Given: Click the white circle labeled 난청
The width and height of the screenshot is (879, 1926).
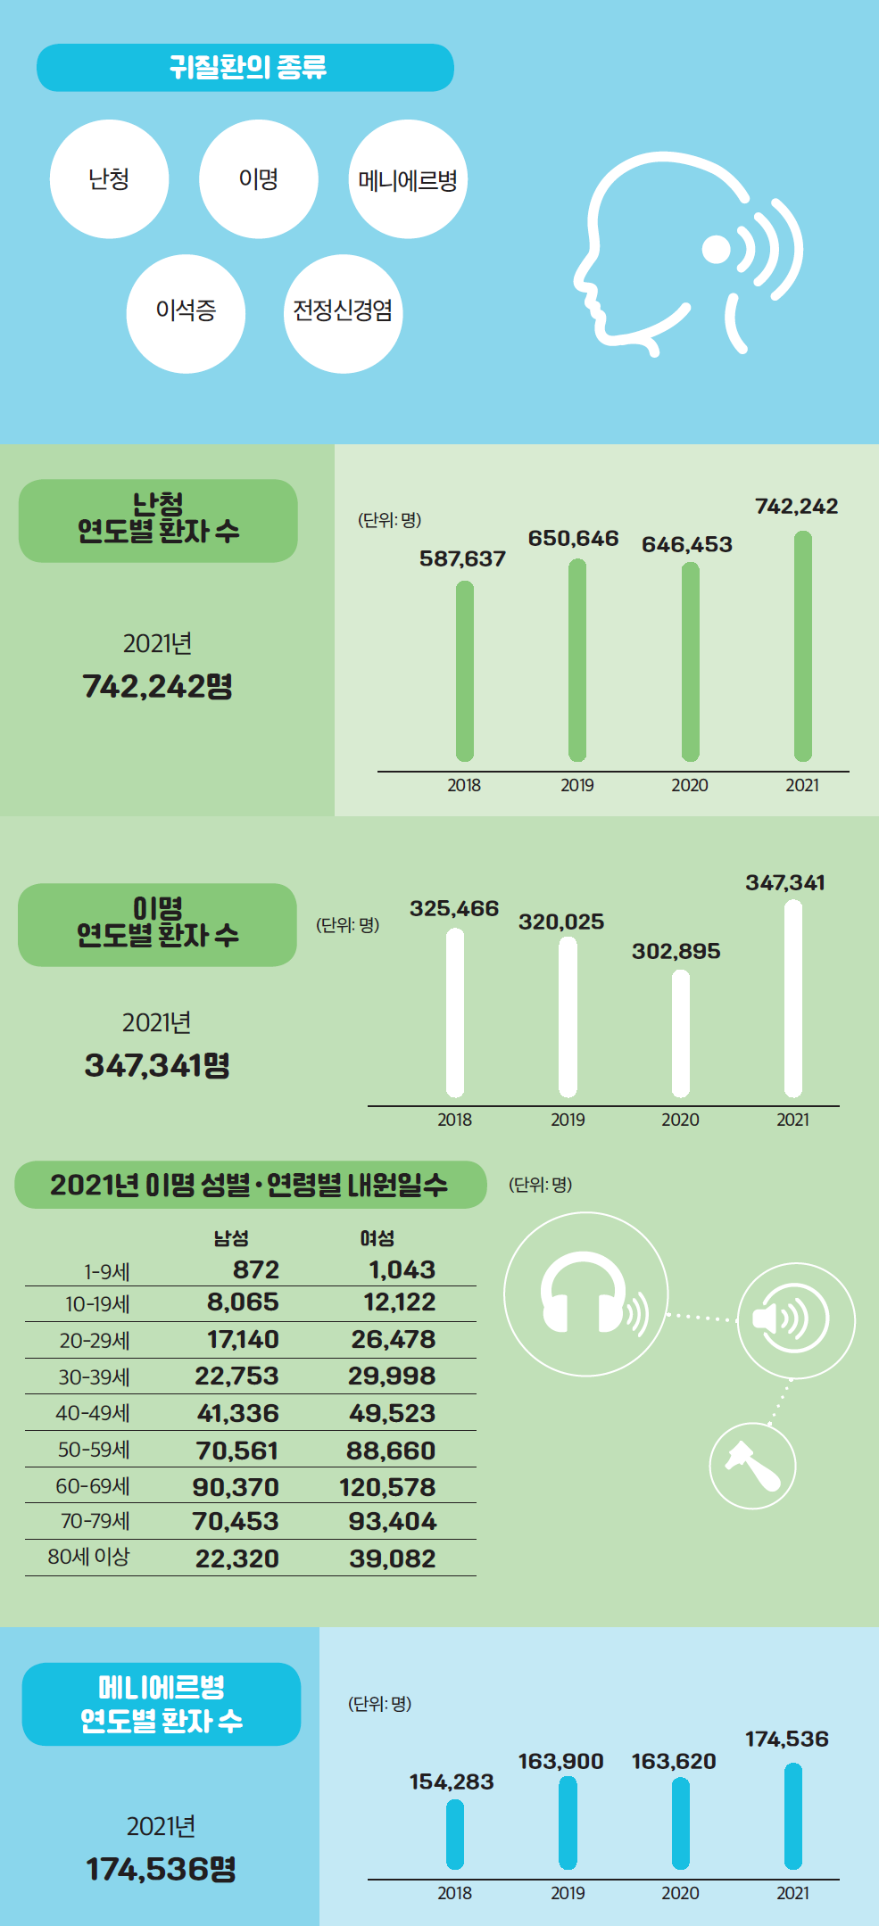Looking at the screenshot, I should point(109,179).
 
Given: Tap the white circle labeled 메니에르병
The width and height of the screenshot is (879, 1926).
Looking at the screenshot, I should point(408,179).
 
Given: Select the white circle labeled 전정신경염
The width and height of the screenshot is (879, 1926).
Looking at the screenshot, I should point(343,313).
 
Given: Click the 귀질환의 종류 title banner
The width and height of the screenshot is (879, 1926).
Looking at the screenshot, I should point(245,68).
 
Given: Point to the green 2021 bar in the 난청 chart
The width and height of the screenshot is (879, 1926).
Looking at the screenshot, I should point(803,646).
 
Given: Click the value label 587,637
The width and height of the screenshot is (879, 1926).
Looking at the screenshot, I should point(462,559).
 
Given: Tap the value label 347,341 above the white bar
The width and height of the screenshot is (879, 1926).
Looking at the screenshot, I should point(785,883).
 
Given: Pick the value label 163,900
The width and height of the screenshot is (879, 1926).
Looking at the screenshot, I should point(560,1762).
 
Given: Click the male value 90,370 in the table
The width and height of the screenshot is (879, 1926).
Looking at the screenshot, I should point(236,1487).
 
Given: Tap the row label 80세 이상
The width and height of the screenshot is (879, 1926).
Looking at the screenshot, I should point(88,1557).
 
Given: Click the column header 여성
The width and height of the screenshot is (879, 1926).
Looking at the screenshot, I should point(377,1238).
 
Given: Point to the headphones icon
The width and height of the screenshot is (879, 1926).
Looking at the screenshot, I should point(585,1294).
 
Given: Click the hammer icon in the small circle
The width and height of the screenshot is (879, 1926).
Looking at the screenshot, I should point(752,1465).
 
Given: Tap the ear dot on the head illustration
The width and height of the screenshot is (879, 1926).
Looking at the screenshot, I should point(717,251).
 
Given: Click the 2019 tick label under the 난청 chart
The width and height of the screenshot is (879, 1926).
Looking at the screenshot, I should point(577,786).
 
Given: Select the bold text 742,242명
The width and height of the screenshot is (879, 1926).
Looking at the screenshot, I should point(157,687).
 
